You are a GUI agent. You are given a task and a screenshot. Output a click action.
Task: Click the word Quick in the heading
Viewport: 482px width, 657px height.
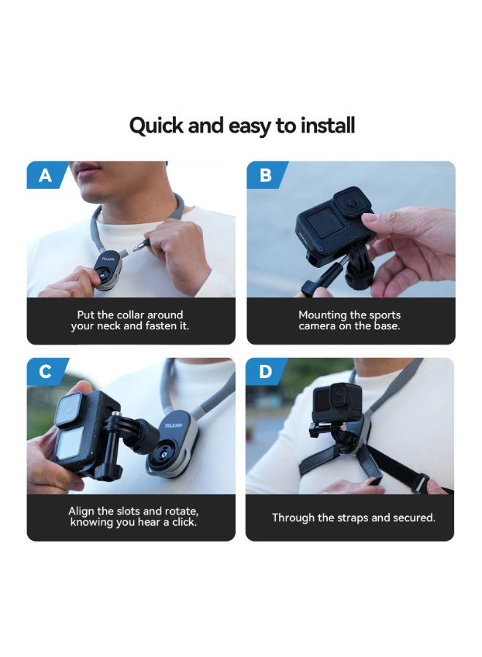(156, 126)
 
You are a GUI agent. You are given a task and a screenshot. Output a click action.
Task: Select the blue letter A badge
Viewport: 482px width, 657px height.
(47, 174)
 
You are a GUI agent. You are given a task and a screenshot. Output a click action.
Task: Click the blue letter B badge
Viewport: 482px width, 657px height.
(267, 174)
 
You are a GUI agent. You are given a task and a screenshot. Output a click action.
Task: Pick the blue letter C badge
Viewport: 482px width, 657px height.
(47, 372)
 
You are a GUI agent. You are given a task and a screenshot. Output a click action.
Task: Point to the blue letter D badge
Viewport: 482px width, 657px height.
(266, 372)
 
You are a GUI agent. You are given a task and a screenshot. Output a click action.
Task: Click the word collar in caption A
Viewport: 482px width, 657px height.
(132, 315)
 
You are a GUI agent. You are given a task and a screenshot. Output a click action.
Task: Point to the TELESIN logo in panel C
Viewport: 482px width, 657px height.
(174, 426)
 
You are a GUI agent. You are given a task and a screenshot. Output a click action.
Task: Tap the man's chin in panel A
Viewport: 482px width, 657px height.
(96, 193)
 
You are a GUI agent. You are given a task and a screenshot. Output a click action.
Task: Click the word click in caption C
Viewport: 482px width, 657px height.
(183, 522)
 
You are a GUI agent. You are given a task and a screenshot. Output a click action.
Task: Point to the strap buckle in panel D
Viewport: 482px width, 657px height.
(421, 483)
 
